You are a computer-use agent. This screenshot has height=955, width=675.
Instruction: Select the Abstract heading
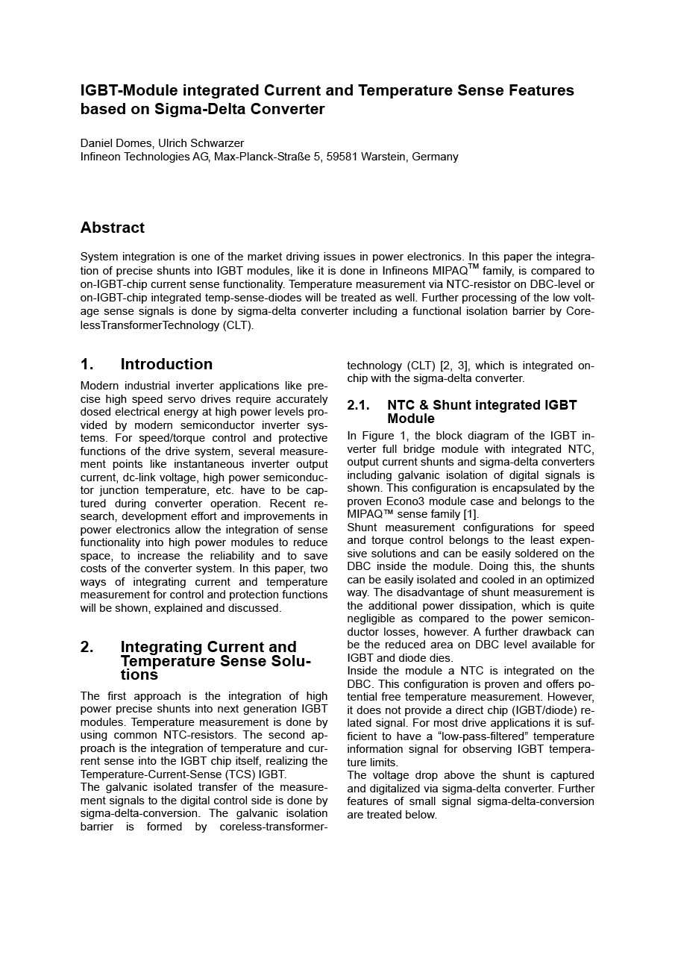pos(113,228)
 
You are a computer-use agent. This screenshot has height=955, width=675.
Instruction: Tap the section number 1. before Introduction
pos(87,364)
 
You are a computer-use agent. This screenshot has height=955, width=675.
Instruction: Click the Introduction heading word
pos(166,364)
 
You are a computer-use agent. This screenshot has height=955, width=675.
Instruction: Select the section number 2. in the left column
pos(87,647)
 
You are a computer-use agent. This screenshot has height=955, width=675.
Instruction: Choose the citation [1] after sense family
pos(471,514)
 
